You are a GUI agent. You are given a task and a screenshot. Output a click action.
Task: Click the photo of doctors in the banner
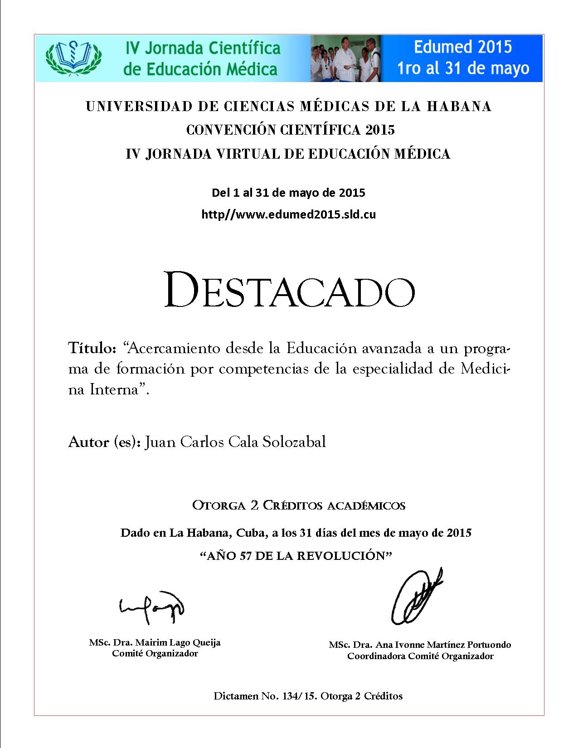(x=345, y=58)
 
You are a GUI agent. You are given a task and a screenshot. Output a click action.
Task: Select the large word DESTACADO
(x=289, y=290)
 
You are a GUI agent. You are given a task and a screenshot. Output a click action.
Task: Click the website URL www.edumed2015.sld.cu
(x=288, y=214)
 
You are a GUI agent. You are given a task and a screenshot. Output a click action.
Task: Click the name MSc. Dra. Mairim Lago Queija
(x=155, y=642)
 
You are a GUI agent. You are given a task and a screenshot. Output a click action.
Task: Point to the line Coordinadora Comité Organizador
(x=420, y=656)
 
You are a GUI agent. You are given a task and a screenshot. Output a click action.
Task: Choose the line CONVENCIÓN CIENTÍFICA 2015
(x=291, y=130)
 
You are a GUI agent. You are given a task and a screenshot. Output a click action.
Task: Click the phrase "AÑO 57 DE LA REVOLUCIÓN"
(x=295, y=556)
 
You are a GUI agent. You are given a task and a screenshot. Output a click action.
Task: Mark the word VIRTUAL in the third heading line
(x=247, y=154)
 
